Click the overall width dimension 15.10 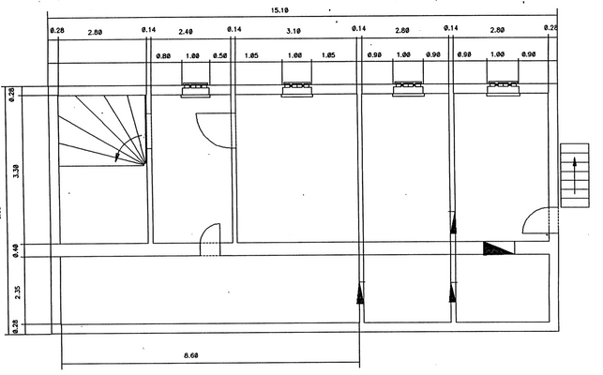click(x=279, y=10)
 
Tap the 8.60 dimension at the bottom click(x=191, y=355)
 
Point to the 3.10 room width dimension click(x=294, y=31)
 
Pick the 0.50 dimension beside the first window click(x=220, y=56)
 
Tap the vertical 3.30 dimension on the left click(x=12, y=172)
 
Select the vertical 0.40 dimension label click(x=12, y=249)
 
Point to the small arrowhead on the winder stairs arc click(x=117, y=157)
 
